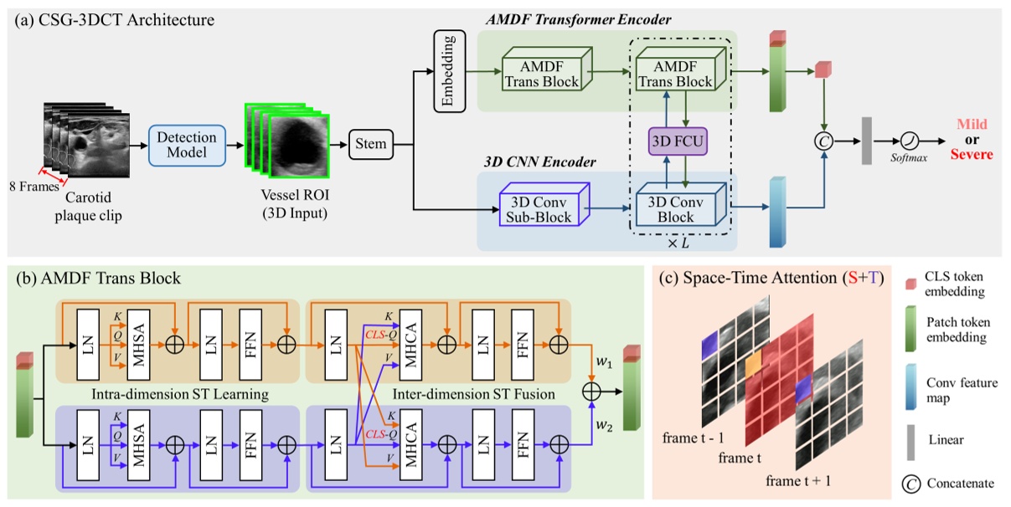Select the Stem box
pos(370,144)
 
